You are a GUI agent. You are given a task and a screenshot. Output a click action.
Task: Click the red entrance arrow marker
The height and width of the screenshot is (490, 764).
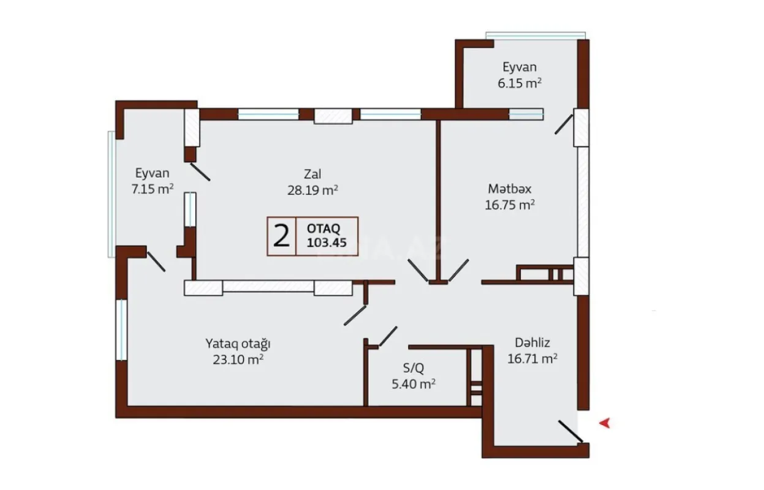coord(604,422)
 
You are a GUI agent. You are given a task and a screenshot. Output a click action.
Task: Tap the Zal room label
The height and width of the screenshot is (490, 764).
coord(312,173)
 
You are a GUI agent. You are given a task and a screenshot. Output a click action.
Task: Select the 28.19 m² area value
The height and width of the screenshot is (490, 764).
coord(312,190)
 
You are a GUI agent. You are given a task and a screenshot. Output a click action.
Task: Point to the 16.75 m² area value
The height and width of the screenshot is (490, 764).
coord(510,205)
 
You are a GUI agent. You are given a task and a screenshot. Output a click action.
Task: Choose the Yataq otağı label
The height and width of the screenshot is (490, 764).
coord(238,342)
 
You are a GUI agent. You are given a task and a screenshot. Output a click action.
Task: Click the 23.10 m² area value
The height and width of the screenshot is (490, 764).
coord(238,360)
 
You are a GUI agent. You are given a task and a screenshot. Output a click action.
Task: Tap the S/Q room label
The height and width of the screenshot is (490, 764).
coord(412,367)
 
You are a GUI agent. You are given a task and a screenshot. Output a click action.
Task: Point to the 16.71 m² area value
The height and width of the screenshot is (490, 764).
coord(532,360)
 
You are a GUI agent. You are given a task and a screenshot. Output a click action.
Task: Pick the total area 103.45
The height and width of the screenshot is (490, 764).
coord(327,243)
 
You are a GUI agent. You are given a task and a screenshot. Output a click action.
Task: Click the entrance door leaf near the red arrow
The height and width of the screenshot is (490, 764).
coord(570,431)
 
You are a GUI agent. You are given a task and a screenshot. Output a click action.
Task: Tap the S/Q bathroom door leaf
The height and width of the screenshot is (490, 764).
coord(387,337)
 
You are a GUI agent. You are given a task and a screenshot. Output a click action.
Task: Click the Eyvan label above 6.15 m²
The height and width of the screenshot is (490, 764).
coord(520,67)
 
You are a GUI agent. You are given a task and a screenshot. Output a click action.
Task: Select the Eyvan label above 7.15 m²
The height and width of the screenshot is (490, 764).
coord(152,173)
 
